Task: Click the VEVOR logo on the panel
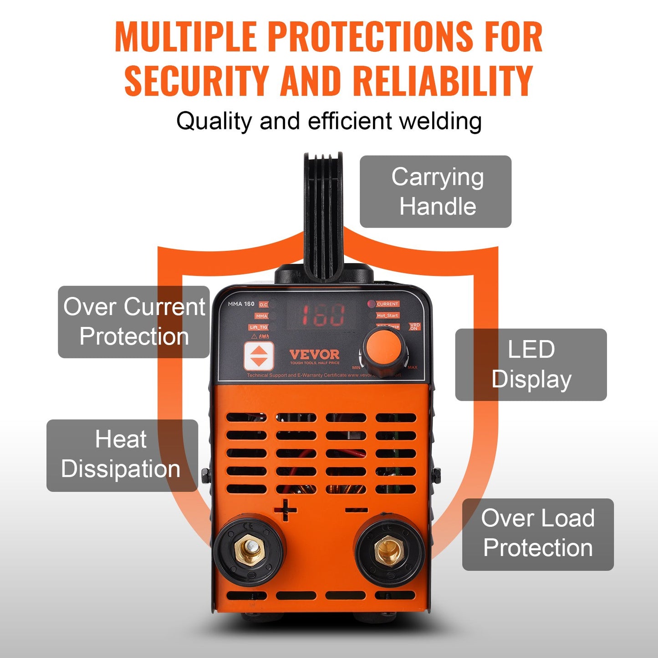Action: [315, 355]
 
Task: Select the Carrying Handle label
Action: [435, 192]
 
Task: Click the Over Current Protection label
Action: [133, 322]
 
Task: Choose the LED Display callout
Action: [531, 365]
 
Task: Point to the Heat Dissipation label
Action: [122, 455]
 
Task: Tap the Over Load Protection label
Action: [538, 534]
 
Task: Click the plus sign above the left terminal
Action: [286, 510]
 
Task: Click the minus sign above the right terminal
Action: [356, 510]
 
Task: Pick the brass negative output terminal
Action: [389, 552]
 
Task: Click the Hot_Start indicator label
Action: [388, 315]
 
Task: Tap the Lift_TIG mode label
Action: [258, 327]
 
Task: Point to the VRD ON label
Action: [414, 326]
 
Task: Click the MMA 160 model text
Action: [241, 304]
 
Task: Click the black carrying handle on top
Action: [323, 214]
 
